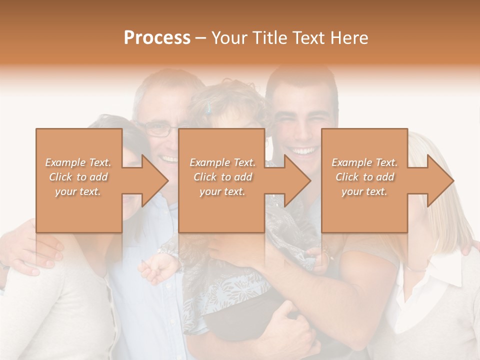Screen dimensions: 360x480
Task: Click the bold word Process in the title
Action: point(157,38)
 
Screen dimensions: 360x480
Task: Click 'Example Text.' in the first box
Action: point(78,162)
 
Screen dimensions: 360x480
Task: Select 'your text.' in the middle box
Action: point(222,191)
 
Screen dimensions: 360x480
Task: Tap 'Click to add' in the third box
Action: point(364,177)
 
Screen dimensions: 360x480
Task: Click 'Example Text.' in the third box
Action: point(364,162)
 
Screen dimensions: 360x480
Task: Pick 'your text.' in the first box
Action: point(78,191)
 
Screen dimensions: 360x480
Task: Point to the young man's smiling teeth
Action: point(304,150)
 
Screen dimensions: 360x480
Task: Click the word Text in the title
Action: point(310,38)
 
